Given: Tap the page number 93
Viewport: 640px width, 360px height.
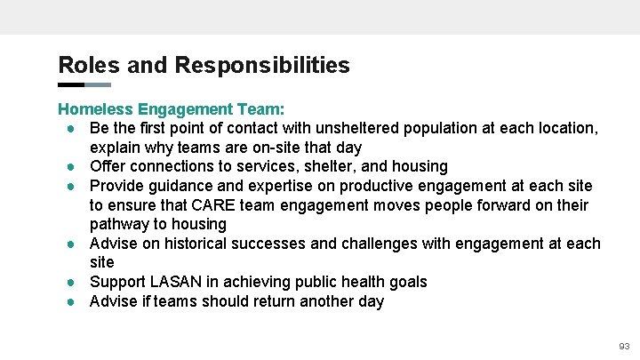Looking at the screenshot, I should point(624,346).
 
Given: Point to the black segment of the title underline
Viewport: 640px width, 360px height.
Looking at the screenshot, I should point(71,85).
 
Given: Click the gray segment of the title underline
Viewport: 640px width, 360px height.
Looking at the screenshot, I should point(98,85).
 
